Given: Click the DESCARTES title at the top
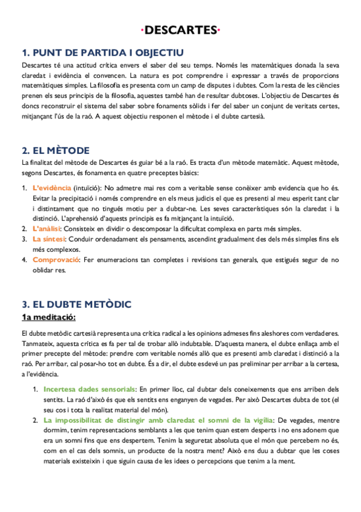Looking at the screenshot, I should pos(180,30).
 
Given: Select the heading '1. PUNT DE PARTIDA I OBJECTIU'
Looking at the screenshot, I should pos(103,53).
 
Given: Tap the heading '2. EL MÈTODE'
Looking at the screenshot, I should pos(55,150).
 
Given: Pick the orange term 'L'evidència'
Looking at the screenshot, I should pos(52,188).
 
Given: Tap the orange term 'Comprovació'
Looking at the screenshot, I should pos(56,260).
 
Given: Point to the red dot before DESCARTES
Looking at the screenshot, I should pos(142,30).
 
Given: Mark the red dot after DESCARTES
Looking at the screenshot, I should pos(218,30).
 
